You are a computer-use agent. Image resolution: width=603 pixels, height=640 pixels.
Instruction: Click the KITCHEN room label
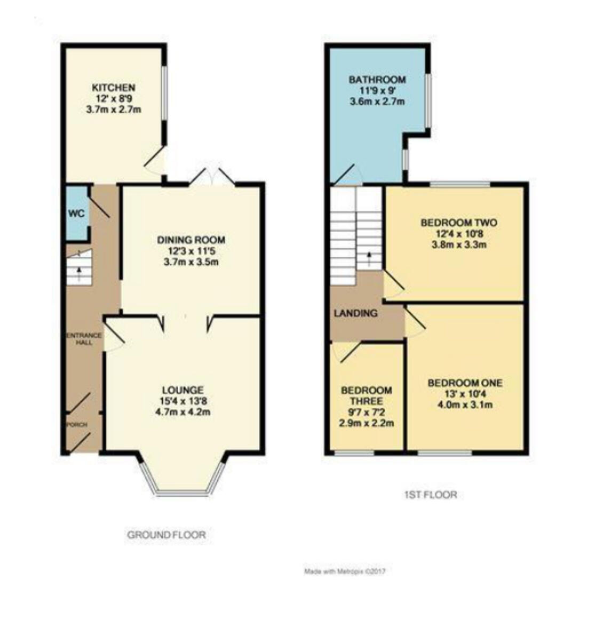click(x=114, y=87)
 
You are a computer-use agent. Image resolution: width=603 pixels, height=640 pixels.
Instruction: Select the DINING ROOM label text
click(x=191, y=240)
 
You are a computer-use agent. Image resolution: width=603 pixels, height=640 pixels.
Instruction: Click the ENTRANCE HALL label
click(x=83, y=339)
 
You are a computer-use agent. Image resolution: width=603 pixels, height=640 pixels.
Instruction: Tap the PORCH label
click(x=77, y=425)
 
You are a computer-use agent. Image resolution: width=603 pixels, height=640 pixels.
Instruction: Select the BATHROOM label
click(x=377, y=80)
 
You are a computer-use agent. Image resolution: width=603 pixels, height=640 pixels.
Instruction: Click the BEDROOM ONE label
click(x=465, y=383)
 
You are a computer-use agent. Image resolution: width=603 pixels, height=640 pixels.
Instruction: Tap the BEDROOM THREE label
click(x=367, y=396)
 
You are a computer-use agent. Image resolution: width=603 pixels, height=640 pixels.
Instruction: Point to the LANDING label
click(x=355, y=314)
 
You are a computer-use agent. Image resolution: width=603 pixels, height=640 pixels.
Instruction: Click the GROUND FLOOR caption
click(x=166, y=534)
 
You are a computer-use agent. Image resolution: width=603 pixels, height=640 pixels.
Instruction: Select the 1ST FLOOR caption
click(x=430, y=494)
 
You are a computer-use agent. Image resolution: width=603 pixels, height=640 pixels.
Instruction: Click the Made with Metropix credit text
click(x=345, y=572)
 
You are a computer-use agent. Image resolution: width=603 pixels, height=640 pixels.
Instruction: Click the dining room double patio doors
click(x=212, y=177)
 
